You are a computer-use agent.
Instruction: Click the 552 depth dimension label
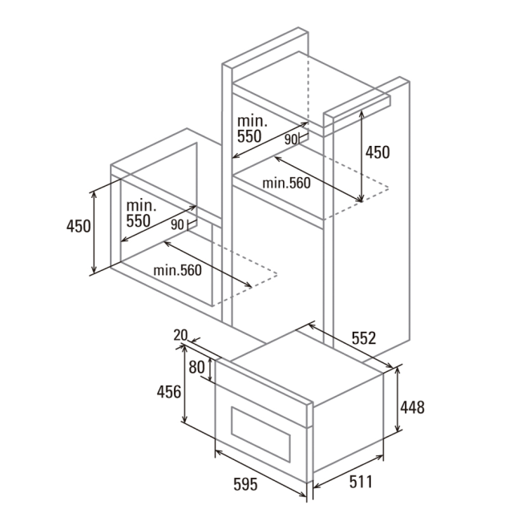click(x=364, y=338)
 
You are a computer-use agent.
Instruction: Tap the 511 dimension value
click(x=361, y=482)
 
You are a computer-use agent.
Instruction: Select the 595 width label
click(x=245, y=484)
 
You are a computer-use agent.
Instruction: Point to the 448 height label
click(x=412, y=407)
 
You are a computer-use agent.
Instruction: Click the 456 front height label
click(x=169, y=392)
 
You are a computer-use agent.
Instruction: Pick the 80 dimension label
click(x=196, y=367)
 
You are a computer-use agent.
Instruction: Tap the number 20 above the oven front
click(x=181, y=335)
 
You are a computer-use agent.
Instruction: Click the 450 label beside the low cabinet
click(x=79, y=226)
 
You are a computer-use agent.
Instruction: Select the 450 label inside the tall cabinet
click(x=378, y=152)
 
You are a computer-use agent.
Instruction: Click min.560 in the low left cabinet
click(x=177, y=270)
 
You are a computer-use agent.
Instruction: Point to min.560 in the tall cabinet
click(x=286, y=183)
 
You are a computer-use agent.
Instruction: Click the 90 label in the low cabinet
click(x=177, y=225)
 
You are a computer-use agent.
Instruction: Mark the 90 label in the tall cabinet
click(x=291, y=140)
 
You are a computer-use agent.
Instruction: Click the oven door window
click(x=260, y=434)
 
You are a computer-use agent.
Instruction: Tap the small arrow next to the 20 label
click(x=196, y=340)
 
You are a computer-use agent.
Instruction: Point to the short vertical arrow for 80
click(x=210, y=369)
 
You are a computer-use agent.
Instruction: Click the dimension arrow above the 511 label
click(x=348, y=472)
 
